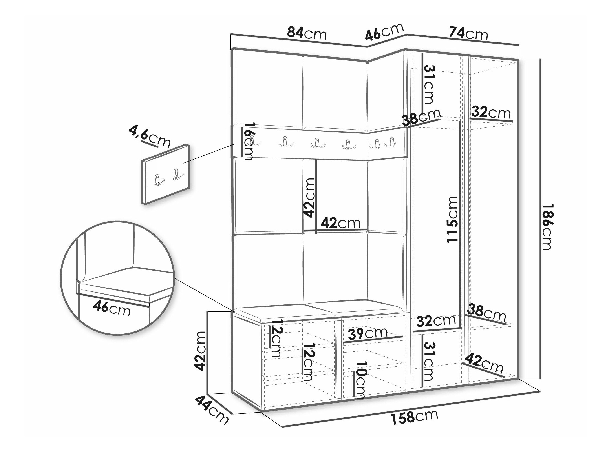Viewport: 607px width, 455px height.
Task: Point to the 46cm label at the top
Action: coord(384,32)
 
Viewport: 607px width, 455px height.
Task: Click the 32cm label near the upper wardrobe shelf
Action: coord(491,113)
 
